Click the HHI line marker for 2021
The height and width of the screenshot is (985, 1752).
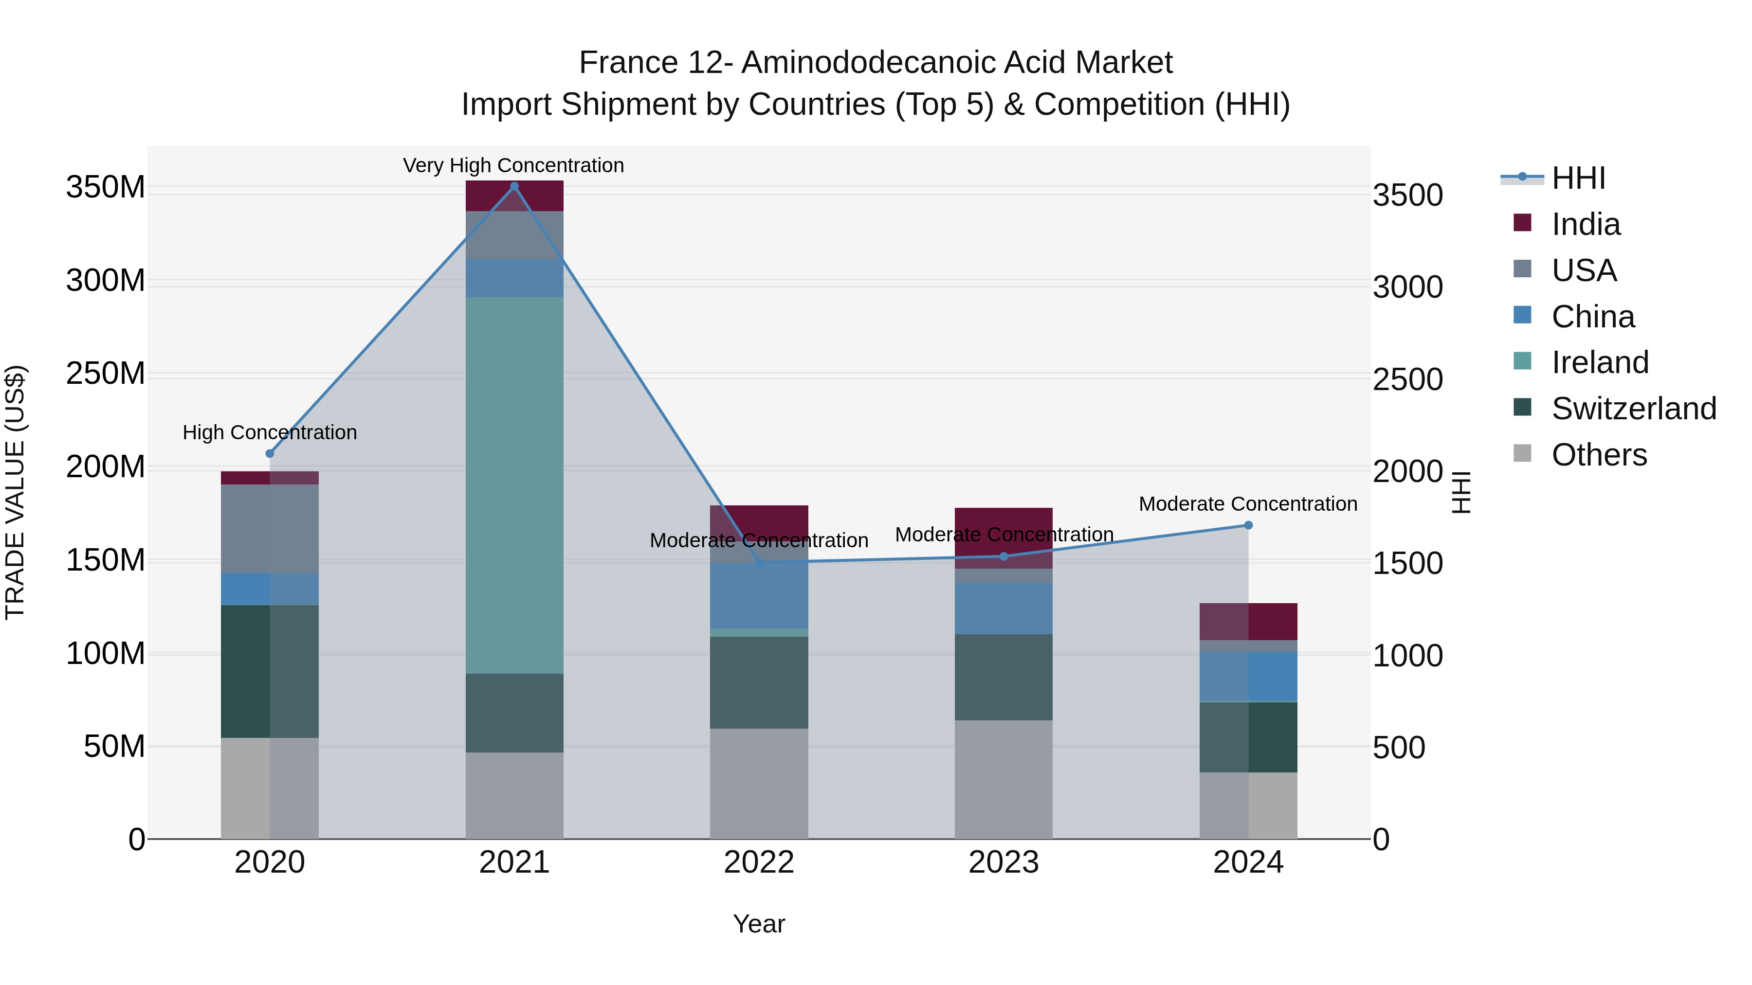pyautogui.click(x=514, y=186)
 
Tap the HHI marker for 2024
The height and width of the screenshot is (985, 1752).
pyautogui.click(x=1248, y=525)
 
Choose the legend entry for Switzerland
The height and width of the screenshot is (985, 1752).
pyautogui.click(x=1634, y=409)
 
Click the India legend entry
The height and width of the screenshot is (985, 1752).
pyautogui.click(x=1586, y=224)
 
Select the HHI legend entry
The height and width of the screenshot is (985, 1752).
pyautogui.click(x=1578, y=178)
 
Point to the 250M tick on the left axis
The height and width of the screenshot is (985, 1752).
pyautogui.click(x=106, y=374)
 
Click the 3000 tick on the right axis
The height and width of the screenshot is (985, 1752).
pyautogui.click(x=1407, y=287)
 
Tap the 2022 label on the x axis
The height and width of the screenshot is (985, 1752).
pyautogui.click(x=759, y=862)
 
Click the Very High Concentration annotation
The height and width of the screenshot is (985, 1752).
pyautogui.click(x=513, y=165)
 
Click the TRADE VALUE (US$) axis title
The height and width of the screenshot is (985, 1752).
pyautogui.click(x=15, y=492)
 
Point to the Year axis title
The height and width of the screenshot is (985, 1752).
pyautogui.click(x=759, y=924)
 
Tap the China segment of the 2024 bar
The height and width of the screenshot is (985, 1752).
pyautogui.click(x=1248, y=677)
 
